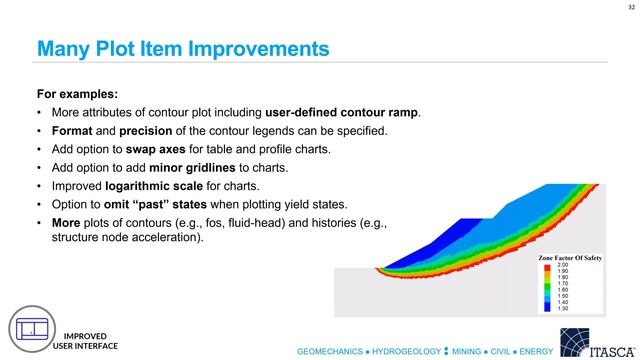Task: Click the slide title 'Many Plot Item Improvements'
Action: [183, 48]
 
